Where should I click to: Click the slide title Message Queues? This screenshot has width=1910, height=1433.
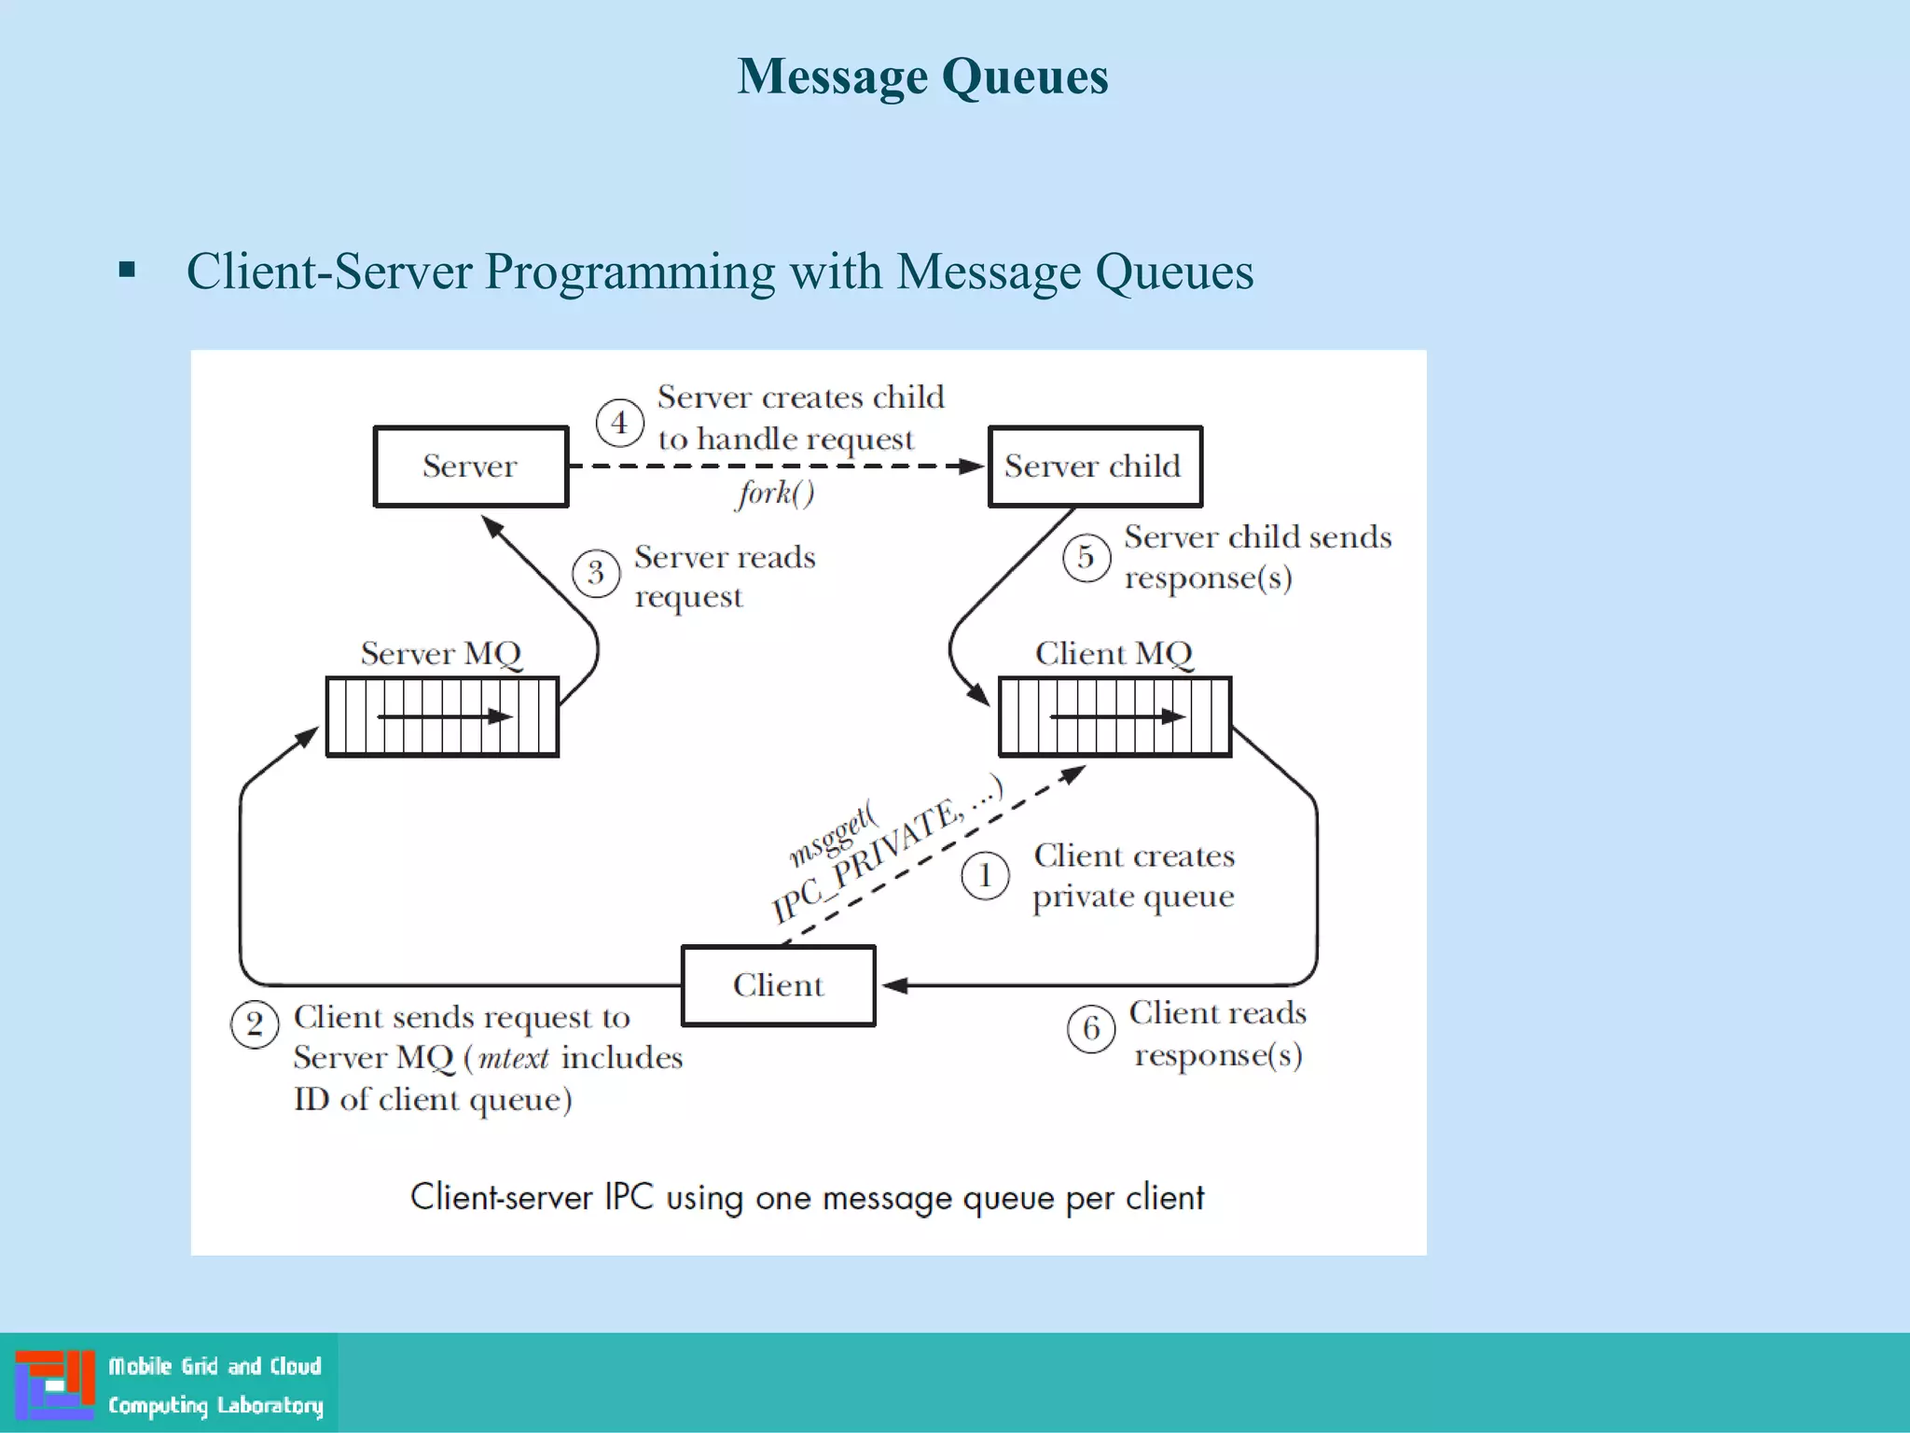point(922,77)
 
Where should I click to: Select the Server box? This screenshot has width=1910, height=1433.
point(471,466)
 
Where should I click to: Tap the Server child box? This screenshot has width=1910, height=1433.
point(1095,466)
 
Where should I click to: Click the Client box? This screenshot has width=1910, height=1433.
point(778,985)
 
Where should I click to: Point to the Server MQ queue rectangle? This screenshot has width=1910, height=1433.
point(442,716)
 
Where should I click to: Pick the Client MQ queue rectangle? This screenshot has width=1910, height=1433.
point(1114,716)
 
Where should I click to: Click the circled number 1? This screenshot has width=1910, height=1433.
point(985,876)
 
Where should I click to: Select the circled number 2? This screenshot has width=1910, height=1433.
point(255,1024)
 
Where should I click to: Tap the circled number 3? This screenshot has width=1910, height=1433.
point(596,572)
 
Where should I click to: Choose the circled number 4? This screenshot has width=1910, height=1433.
point(619,423)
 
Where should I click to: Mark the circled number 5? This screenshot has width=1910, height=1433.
point(1086,557)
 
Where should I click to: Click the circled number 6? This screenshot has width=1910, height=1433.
point(1091,1028)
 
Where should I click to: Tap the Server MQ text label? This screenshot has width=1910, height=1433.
point(441,653)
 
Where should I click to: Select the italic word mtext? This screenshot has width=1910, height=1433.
point(513,1058)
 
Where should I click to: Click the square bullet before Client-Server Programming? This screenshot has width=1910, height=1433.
point(128,271)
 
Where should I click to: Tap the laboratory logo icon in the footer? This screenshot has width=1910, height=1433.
point(55,1384)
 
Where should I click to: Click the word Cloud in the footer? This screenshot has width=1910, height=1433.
point(296,1367)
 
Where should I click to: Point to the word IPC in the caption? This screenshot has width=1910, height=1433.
point(629,1197)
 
